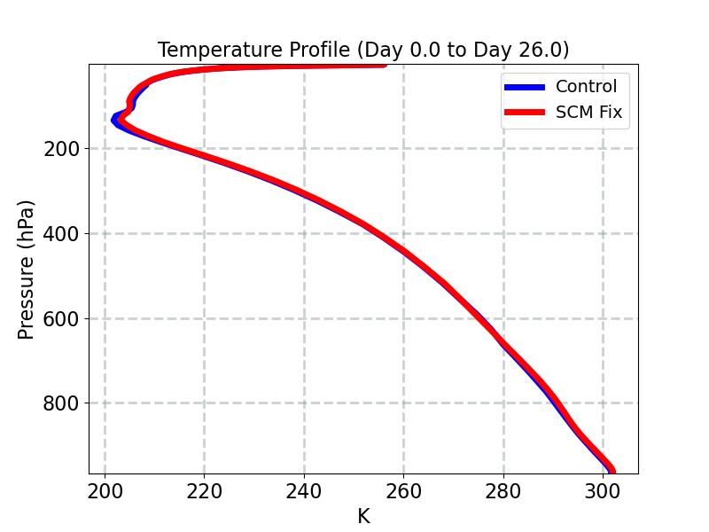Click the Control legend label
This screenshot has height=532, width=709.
point(586,87)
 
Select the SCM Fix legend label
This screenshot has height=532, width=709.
point(588,113)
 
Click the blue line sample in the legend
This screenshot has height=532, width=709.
point(526,87)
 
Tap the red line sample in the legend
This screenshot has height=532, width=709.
point(526,113)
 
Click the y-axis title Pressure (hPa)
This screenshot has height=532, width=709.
point(27,269)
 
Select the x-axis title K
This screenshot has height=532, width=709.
point(363,516)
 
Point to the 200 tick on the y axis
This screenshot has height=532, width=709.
point(61,149)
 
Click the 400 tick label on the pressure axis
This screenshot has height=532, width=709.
point(61,234)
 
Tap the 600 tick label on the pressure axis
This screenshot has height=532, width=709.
point(61,318)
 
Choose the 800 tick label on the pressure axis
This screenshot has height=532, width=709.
point(61,403)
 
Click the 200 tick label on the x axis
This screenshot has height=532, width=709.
point(105,490)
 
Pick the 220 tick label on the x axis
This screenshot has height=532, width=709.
point(204,490)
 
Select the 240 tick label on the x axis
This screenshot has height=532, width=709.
point(304,490)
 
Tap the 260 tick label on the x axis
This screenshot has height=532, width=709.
point(403,490)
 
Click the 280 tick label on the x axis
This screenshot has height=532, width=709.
point(503,490)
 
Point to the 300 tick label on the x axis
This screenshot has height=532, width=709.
point(603,490)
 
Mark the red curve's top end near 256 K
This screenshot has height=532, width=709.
point(383,63)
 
